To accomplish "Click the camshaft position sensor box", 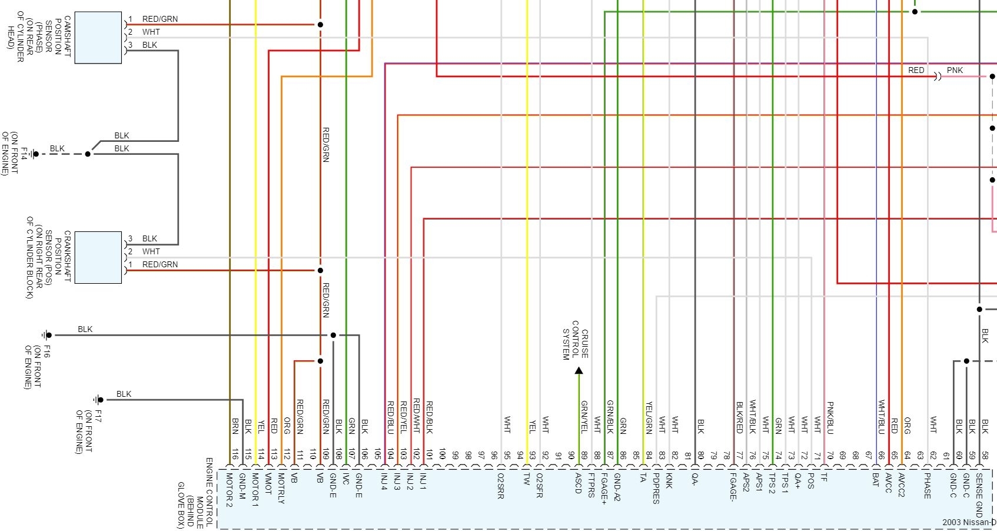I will click(x=98, y=38).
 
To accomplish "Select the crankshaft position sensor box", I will click(x=98, y=257).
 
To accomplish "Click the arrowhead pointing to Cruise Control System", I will click(x=579, y=370).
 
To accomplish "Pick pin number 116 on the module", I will click(x=234, y=454).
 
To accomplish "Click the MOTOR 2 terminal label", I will click(x=229, y=490).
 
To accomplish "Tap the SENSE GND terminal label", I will click(x=979, y=495).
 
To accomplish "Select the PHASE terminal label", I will click(x=927, y=486).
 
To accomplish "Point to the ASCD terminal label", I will click(x=578, y=483).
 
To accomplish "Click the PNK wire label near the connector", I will click(x=955, y=70).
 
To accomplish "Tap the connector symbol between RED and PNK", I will click(x=938, y=77).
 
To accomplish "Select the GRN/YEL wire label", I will click(x=584, y=417).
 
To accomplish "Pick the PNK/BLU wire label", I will click(x=830, y=418).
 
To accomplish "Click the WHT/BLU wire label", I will click(x=882, y=417).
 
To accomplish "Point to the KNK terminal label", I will click(x=669, y=481).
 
